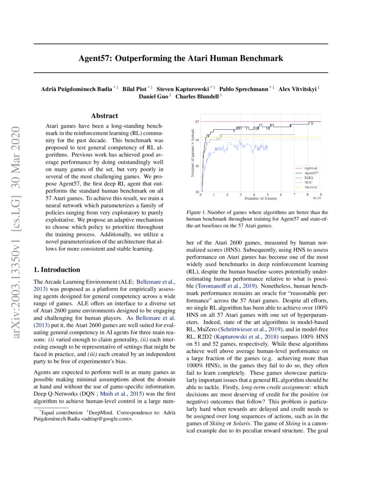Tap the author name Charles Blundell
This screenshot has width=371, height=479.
point(197,96)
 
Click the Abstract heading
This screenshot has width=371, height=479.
point(104,116)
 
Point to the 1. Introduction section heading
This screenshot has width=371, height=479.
point(57,270)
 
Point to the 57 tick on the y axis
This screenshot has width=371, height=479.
point(197,121)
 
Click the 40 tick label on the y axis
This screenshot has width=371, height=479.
point(197,166)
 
